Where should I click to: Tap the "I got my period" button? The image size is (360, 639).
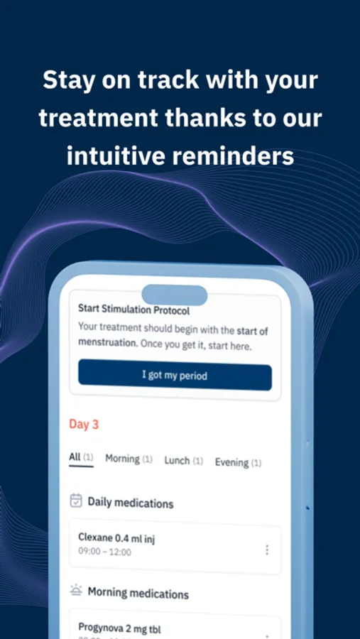(175, 375)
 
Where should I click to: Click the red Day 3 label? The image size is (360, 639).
(84, 425)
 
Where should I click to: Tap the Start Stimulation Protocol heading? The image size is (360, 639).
(133, 310)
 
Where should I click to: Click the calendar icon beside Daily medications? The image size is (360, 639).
(76, 501)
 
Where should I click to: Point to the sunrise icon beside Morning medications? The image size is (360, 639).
(76, 590)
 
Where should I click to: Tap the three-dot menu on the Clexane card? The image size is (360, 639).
(267, 550)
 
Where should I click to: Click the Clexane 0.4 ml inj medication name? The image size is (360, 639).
(116, 538)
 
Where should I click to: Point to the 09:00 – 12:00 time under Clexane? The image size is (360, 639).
(104, 552)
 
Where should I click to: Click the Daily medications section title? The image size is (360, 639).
(131, 503)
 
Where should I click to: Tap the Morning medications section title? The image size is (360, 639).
(138, 593)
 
